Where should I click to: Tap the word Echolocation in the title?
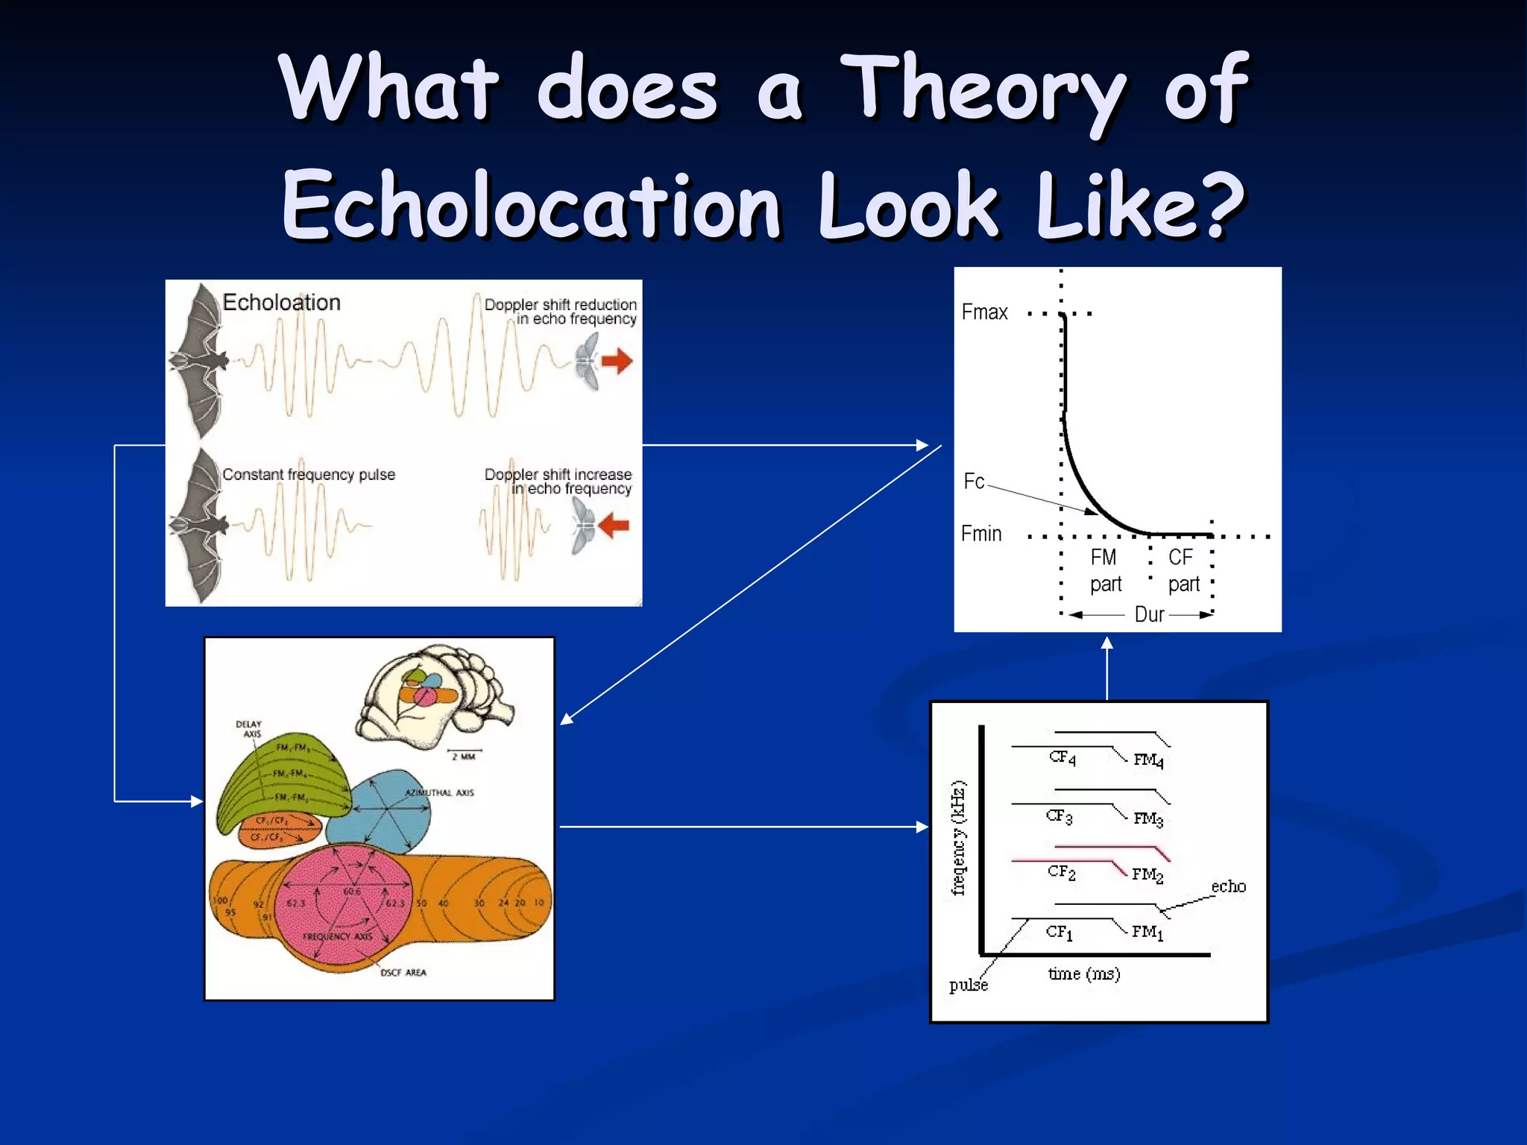click(531, 205)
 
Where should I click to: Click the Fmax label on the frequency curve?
click(984, 312)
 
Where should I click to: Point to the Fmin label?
click(981, 534)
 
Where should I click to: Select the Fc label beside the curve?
click(974, 482)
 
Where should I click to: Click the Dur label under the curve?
click(1149, 614)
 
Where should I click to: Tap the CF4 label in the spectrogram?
click(1062, 758)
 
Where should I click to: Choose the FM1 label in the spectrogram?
click(1147, 932)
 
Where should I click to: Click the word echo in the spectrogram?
click(1228, 886)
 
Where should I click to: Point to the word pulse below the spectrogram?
click(968, 985)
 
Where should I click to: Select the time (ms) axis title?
click(1083, 974)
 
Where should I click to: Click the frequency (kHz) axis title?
click(959, 837)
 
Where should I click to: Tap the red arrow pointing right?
click(617, 362)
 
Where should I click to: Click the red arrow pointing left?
click(614, 525)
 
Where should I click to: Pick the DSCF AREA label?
click(403, 972)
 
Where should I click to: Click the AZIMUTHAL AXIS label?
click(439, 792)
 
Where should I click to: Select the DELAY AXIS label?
click(249, 728)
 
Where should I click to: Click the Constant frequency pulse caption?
click(309, 475)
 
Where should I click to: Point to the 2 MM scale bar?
click(464, 754)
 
